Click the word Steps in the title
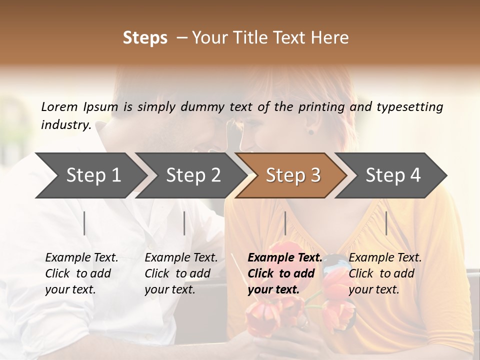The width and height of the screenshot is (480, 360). [x=145, y=38]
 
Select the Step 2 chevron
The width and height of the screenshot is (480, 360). [x=192, y=175]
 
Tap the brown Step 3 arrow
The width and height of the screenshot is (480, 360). [x=292, y=175]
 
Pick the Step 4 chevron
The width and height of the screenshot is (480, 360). [x=392, y=175]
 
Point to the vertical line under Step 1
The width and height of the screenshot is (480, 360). [x=84, y=223]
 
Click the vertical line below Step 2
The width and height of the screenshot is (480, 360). [x=184, y=223]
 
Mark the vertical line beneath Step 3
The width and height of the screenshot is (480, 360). [x=285, y=223]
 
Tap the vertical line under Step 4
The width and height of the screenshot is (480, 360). [x=386, y=223]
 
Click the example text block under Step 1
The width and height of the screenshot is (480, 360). [x=81, y=273]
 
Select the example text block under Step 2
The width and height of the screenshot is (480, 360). [x=181, y=273]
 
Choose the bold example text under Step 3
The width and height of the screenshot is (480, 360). [x=285, y=273]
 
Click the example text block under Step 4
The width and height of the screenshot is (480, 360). [x=385, y=273]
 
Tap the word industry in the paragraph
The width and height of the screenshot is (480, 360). [x=65, y=124]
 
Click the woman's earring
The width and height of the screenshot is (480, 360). [x=310, y=132]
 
